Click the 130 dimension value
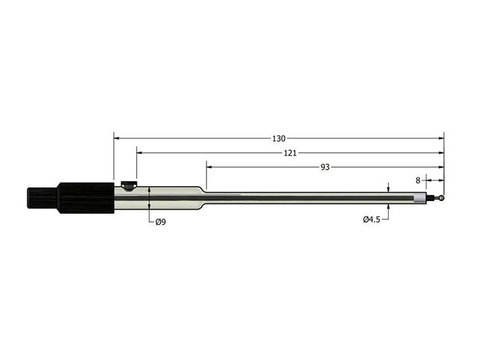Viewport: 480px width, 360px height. click(x=278, y=138)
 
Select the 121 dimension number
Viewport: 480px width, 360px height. click(x=290, y=153)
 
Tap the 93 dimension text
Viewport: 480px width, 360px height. click(x=325, y=167)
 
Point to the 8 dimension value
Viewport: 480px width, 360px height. click(x=418, y=181)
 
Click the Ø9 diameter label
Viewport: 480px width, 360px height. click(x=160, y=222)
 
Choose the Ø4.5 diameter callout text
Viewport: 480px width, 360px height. click(x=371, y=219)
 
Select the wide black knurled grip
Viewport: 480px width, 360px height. click(x=85, y=198)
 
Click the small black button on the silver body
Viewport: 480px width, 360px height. click(x=128, y=183)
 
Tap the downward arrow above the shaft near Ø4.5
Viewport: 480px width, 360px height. click(x=389, y=189)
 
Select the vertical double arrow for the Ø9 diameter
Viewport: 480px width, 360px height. click(x=148, y=198)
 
